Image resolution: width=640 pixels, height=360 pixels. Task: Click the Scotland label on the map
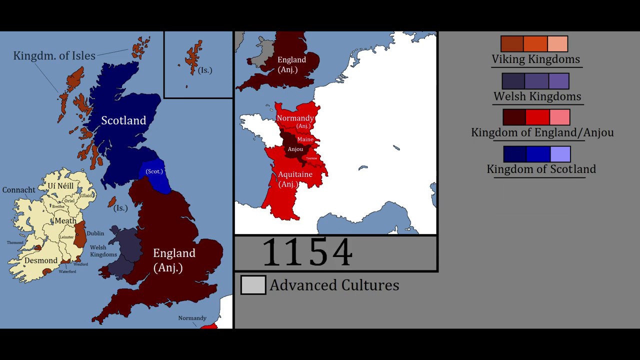click(123, 120)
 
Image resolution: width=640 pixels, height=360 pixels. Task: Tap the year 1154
click(307, 253)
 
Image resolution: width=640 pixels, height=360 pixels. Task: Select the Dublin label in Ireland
click(95, 233)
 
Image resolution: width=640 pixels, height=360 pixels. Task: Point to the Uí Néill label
click(60, 186)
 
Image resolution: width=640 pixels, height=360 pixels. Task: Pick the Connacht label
click(19, 190)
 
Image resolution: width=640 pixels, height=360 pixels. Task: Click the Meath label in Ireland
click(65, 220)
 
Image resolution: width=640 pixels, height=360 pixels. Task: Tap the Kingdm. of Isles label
click(54, 55)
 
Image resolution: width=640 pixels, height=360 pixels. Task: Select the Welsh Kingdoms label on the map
click(103, 251)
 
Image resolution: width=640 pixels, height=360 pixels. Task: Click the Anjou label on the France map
click(295, 149)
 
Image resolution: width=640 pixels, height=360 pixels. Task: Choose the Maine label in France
click(305, 139)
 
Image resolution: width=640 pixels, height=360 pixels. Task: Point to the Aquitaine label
click(295, 174)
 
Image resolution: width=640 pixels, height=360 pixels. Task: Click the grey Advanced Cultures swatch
click(253, 285)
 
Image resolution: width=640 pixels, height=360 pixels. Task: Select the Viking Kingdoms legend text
click(535, 59)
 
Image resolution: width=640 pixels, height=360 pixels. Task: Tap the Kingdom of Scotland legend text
click(541, 169)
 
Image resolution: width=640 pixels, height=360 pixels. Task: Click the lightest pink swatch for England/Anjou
click(559, 117)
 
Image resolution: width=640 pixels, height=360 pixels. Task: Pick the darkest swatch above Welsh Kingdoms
click(513, 81)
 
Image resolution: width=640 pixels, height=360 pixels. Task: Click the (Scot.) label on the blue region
click(154, 171)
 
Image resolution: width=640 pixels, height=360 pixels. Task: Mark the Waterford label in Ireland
click(67, 271)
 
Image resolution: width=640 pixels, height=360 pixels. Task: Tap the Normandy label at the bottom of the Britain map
click(192, 318)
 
